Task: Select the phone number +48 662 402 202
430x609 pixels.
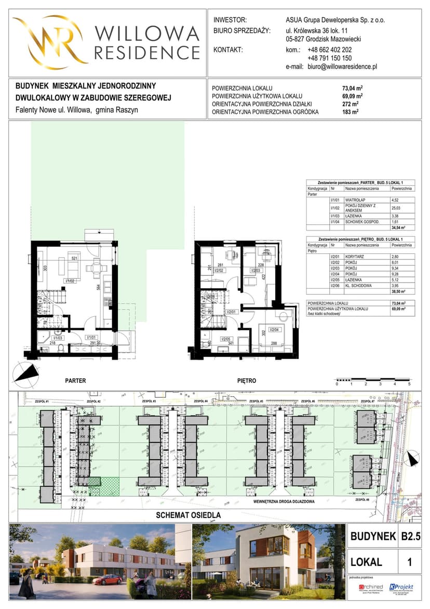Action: click(x=329, y=49)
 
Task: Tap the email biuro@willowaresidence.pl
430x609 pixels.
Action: click(x=342, y=67)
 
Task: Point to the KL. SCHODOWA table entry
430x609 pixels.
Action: click(x=358, y=286)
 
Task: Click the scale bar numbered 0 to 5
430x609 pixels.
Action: click(x=373, y=379)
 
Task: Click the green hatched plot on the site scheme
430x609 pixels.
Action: click(x=104, y=486)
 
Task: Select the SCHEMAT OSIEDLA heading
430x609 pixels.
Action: click(x=189, y=515)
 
